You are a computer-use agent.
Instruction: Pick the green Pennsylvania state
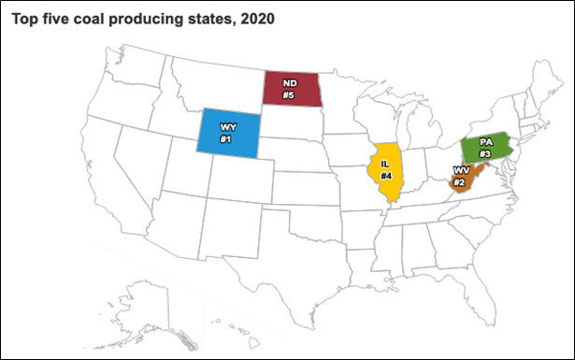(485, 148)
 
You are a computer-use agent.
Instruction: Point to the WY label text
(226, 126)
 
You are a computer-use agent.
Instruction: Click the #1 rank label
(225, 139)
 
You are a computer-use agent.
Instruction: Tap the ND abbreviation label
(290, 82)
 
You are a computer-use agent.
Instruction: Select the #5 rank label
(290, 94)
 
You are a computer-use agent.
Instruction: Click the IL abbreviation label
(385, 163)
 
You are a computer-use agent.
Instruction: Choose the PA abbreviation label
(486, 141)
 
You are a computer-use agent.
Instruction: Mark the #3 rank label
(485, 153)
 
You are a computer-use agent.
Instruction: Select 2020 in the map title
(257, 20)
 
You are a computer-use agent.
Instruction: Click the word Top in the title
(25, 20)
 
